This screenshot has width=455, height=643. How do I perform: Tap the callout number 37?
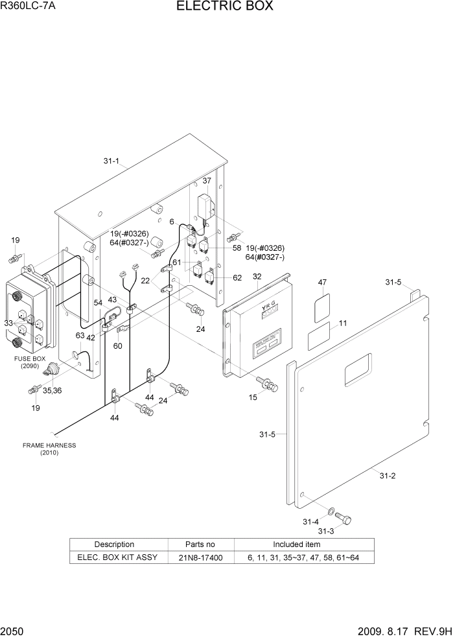(207, 181)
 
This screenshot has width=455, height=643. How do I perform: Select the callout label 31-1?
(111, 161)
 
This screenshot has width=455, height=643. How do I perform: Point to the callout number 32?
(257, 277)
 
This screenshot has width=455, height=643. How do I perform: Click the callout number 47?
(322, 283)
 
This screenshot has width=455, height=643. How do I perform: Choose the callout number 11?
(343, 323)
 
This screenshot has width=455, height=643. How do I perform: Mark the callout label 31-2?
(387, 476)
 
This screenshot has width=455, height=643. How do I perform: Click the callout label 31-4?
(310, 522)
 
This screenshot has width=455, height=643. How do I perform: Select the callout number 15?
(253, 397)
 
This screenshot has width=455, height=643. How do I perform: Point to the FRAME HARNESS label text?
(49, 445)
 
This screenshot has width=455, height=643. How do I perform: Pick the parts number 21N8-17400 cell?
(201, 557)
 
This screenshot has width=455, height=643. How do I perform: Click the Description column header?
(114, 544)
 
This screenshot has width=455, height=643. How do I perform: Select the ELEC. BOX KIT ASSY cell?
(117, 557)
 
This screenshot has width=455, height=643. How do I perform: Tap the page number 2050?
(12, 632)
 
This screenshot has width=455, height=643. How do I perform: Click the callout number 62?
(237, 278)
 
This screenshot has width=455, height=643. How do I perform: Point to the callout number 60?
(117, 346)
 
